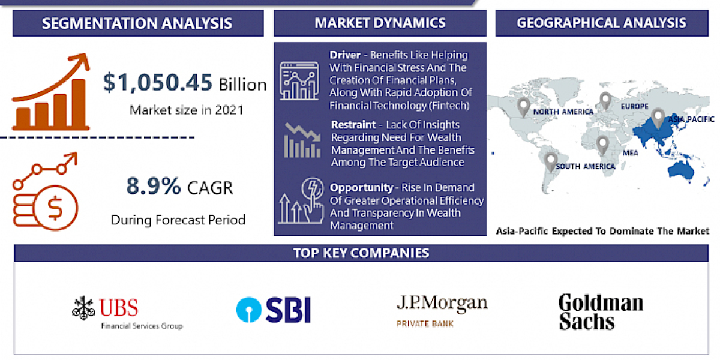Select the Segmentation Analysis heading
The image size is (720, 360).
137,24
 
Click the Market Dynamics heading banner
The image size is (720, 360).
380,23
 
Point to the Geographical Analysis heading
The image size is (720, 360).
601,23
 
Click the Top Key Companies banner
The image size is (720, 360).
361,253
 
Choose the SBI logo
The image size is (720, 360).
273,310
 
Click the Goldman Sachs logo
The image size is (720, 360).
600,311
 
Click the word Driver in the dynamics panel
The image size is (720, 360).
344,55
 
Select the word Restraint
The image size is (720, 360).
353,125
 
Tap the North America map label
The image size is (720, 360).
563,112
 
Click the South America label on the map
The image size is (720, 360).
585,166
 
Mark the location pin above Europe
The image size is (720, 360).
605,100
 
